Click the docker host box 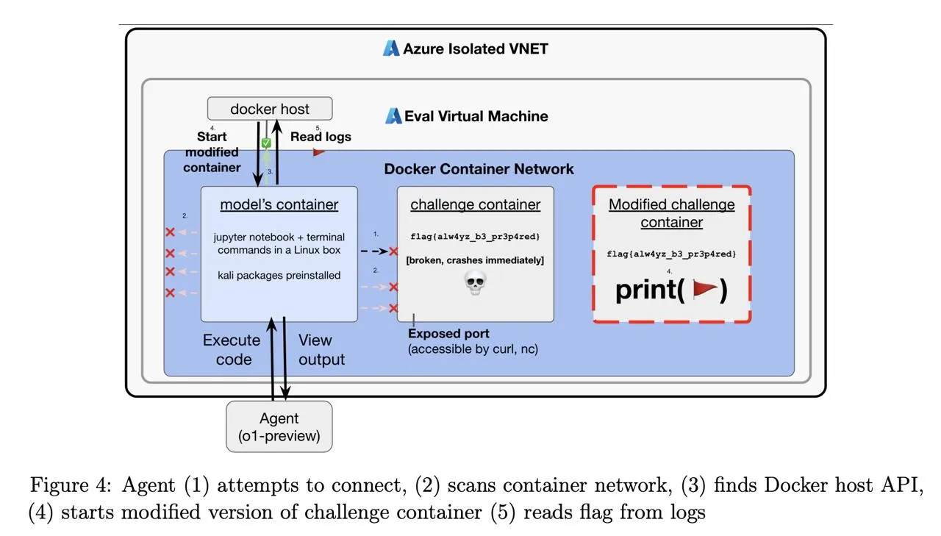(270, 109)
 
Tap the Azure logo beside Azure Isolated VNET (391, 49)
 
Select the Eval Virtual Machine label (476, 116)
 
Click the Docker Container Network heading (479, 169)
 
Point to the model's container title (279, 204)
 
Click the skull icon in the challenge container (476, 282)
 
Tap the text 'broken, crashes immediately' (475, 260)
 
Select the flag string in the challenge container (475, 236)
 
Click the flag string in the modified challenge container (671, 254)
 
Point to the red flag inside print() (704, 290)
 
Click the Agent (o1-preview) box (279, 426)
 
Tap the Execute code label (232, 349)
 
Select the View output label (321, 349)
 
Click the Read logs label (321, 137)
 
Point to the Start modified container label (212, 151)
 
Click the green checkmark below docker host (267, 143)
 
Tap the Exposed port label (448, 334)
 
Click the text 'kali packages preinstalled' (279, 275)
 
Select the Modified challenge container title (671, 213)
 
